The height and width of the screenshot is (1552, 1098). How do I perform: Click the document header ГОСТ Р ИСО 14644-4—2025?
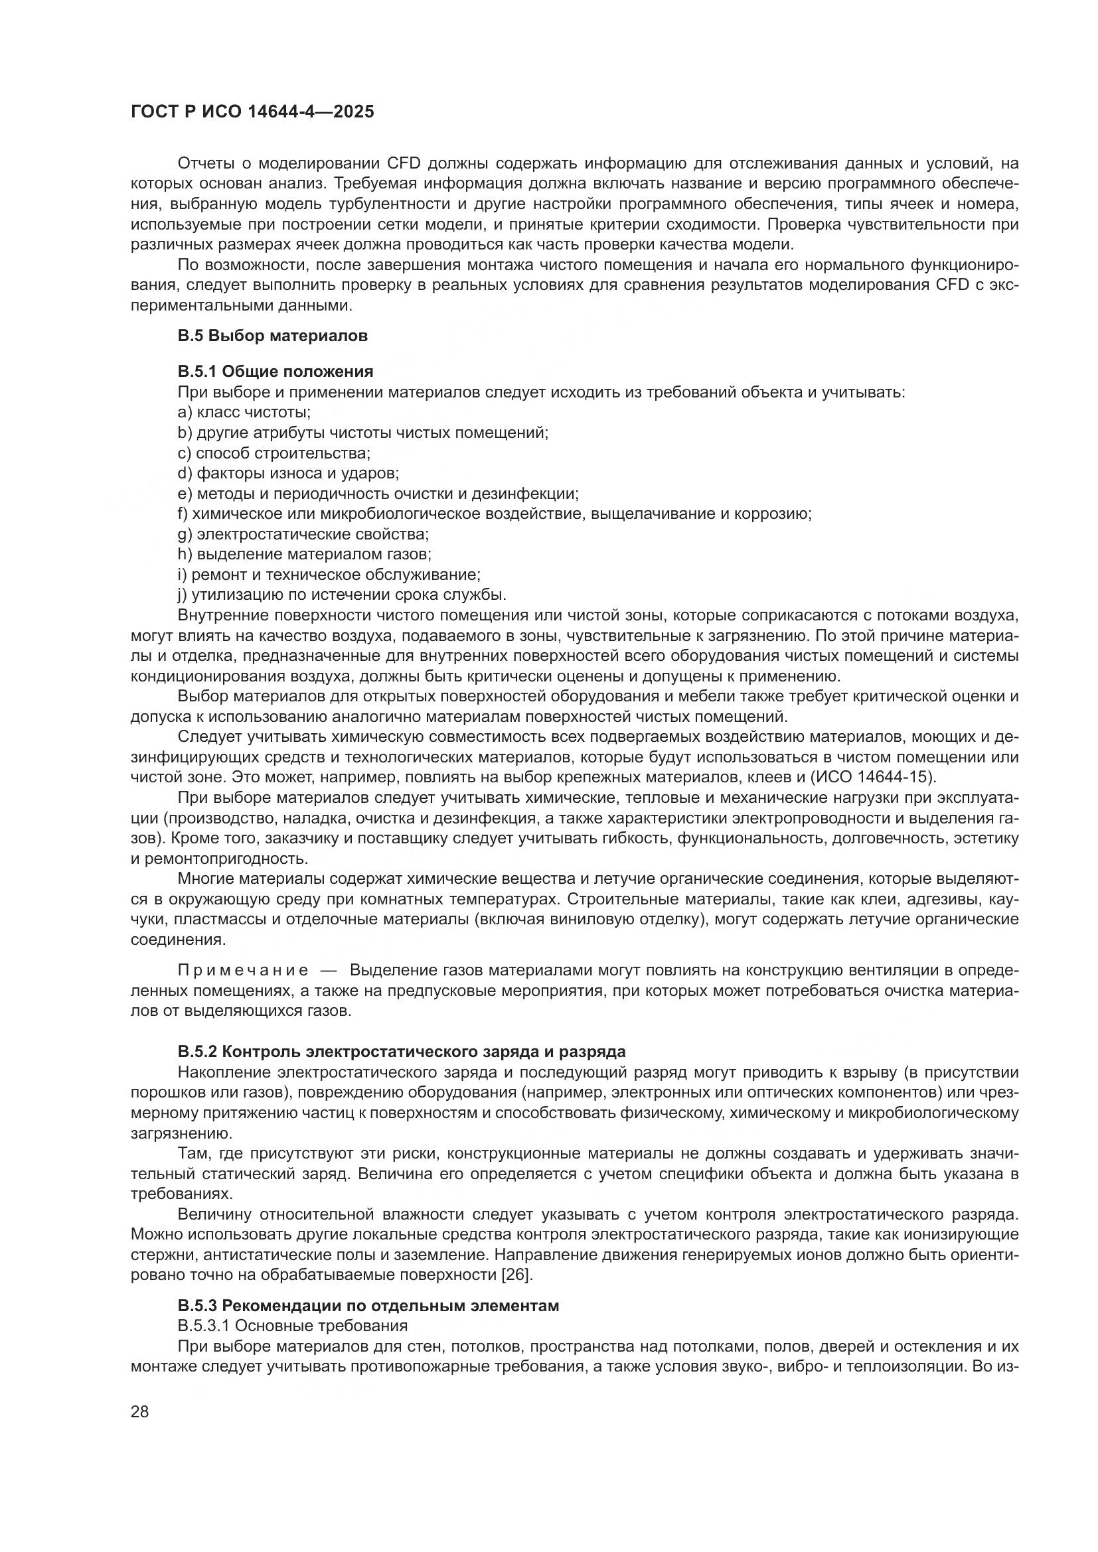pyautogui.click(x=252, y=112)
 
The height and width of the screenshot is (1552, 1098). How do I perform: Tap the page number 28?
pyautogui.click(x=140, y=1411)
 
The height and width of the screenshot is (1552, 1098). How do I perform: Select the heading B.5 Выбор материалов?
pyautogui.click(x=272, y=336)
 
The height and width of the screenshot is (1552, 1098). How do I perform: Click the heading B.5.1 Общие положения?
pyautogui.click(x=275, y=371)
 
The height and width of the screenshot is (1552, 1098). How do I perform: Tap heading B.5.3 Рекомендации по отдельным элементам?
pyautogui.click(x=368, y=1306)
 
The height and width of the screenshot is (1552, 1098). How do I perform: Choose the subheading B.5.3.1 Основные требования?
pyautogui.click(x=293, y=1325)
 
